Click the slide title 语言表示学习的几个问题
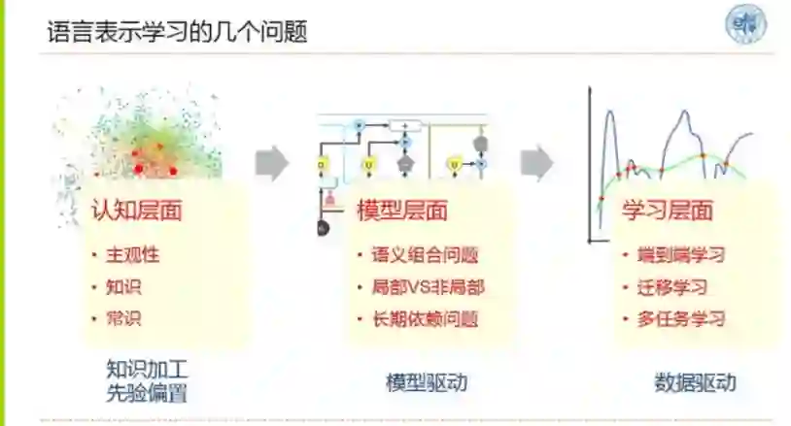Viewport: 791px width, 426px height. click(x=178, y=31)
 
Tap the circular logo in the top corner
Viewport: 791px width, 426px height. click(x=746, y=25)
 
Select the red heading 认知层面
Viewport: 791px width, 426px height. click(x=137, y=210)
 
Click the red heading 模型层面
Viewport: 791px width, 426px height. click(x=402, y=211)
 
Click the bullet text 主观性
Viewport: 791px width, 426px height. click(x=132, y=255)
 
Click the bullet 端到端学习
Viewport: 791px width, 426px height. click(x=681, y=255)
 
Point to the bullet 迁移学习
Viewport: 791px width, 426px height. click(x=671, y=286)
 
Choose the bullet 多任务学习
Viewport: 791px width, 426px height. click(x=681, y=317)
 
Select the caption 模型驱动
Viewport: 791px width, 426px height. click(x=426, y=381)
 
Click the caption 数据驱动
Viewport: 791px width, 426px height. click(x=694, y=381)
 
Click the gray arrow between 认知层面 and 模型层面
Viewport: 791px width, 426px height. click(x=272, y=162)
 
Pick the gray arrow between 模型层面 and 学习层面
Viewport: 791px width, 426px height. click(x=536, y=162)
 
